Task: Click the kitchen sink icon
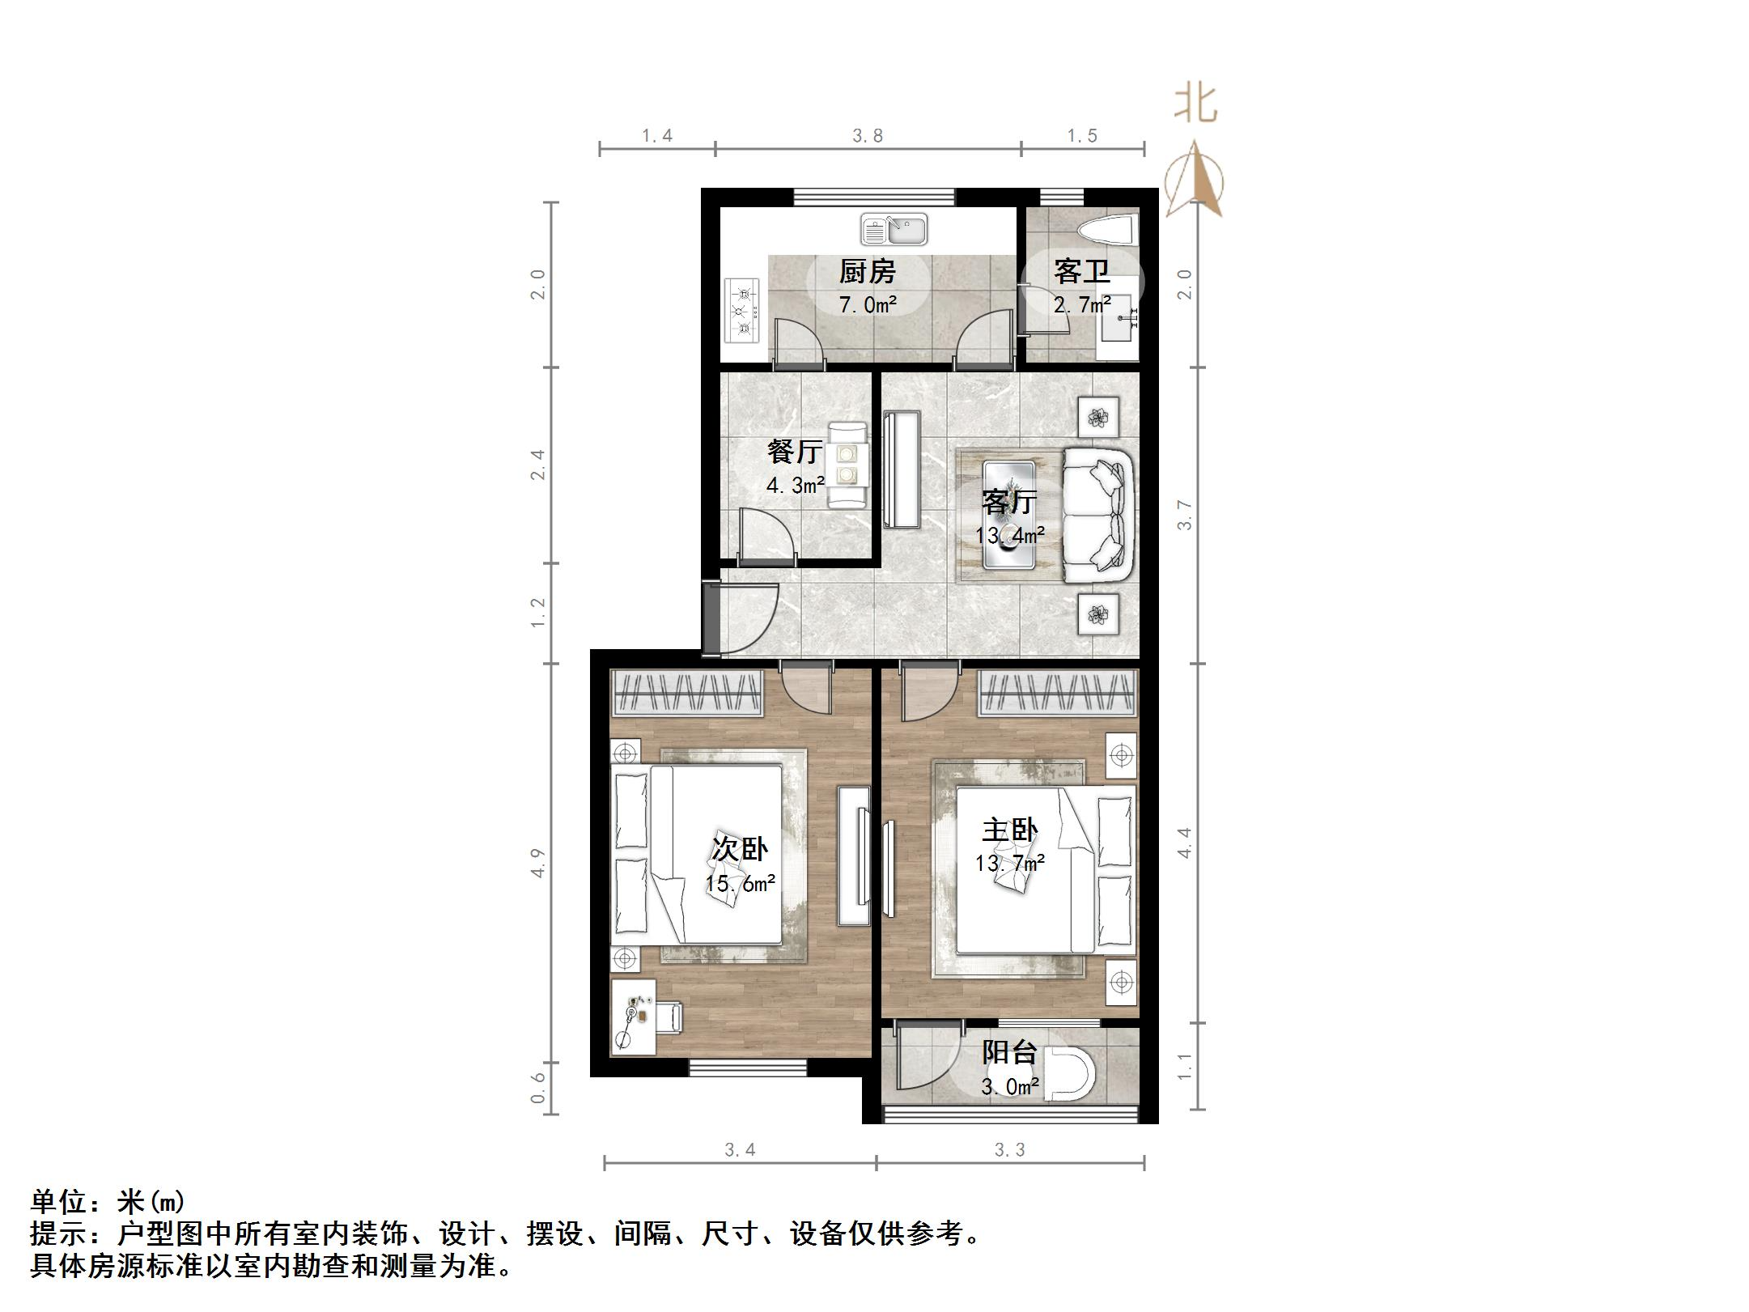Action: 894,229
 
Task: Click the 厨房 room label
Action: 867,272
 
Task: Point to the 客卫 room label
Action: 1080,272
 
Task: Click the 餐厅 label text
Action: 795,452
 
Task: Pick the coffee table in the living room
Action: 1008,515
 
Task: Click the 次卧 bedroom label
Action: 739,848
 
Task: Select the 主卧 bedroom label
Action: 1009,830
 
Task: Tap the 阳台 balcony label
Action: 1009,1052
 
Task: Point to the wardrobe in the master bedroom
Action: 1057,694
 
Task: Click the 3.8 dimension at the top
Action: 868,136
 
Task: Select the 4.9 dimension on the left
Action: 538,863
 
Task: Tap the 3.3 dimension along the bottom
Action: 1009,1150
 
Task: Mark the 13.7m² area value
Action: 1009,864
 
